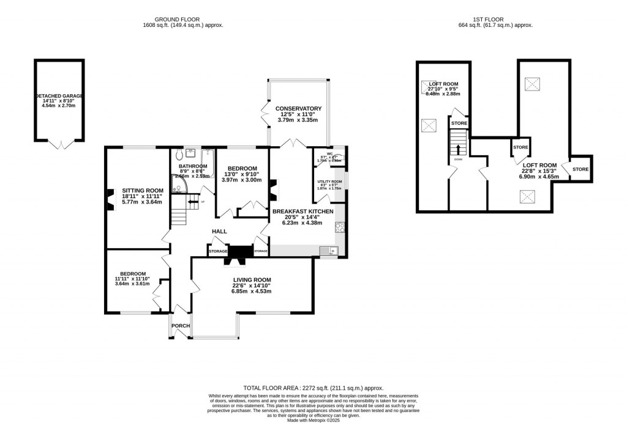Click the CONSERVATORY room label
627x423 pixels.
298,109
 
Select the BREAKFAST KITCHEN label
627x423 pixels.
303,211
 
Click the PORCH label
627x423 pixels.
180,326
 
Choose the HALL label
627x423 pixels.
219,232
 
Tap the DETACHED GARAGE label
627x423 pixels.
59,97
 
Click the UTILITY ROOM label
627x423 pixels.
329,182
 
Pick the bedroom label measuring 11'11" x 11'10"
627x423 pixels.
133,273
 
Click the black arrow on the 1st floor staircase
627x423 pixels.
457,149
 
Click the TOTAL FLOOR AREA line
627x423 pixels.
313,388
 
